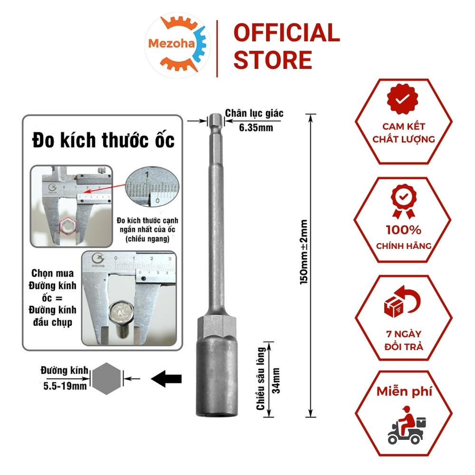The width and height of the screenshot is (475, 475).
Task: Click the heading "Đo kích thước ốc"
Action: (x=103, y=141)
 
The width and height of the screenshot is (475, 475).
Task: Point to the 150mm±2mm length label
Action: (x=304, y=252)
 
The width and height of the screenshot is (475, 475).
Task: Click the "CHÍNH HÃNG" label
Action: (x=403, y=246)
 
